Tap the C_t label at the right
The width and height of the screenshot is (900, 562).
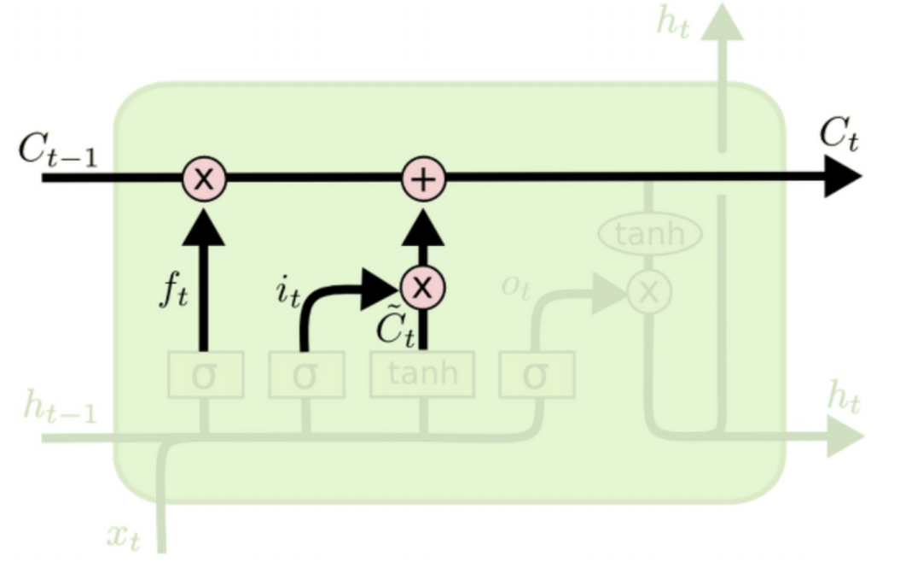click(x=838, y=136)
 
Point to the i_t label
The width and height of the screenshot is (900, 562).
click(x=287, y=292)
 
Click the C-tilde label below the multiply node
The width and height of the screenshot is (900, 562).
click(x=395, y=327)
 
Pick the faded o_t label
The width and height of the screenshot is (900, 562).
click(x=516, y=288)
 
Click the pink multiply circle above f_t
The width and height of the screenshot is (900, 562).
click(x=203, y=179)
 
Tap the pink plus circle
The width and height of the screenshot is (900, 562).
click(x=424, y=179)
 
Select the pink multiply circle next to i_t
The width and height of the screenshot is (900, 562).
click(x=422, y=288)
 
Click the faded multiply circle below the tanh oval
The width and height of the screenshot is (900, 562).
click(x=649, y=292)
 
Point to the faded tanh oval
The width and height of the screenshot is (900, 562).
click(x=649, y=233)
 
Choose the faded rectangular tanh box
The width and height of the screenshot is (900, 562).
click(x=422, y=374)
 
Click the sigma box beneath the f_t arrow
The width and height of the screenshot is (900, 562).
click(x=205, y=375)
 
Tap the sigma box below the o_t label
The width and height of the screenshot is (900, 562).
click(x=537, y=375)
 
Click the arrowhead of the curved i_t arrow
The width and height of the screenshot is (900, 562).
click(x=381, y=289)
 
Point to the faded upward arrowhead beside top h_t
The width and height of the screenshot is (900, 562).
click(x=723, y=20)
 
